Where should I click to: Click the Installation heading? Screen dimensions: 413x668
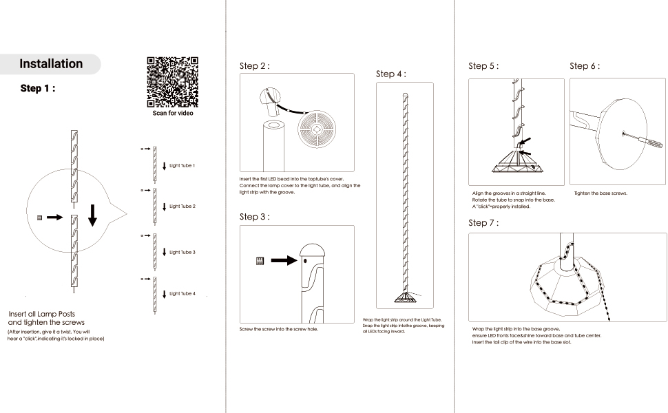(x=51, y=64)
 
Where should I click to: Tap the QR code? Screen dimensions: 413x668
(x=172, y=81)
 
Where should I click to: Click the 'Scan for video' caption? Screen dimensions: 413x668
(x=173, y=113)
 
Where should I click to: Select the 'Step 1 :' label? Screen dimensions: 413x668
(x=38, y=88)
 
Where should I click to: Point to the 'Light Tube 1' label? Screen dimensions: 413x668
(x=182, y=166)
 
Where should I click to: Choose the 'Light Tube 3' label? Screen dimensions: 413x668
(x=182, y=253)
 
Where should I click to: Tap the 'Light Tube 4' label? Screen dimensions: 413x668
(x=182, y=294)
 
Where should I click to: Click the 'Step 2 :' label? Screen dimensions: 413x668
(x=254, y=66)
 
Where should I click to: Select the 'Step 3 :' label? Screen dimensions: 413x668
(x=254, y=217)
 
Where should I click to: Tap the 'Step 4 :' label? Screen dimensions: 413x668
(x=391, y=74)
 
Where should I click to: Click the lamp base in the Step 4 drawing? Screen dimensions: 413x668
(x=406, y=297)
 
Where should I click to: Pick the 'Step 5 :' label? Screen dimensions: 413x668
(x=483, y=66)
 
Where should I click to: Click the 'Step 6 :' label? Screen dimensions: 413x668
(x=585, y=66)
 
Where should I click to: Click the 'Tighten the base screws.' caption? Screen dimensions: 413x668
(x=601, y=193)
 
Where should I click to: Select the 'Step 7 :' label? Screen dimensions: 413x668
(x=483, y=223)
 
